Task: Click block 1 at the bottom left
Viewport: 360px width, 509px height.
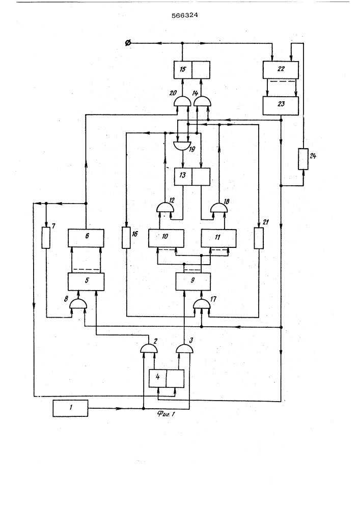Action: coord(70,408)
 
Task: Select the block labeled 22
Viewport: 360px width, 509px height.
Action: coord(280,69)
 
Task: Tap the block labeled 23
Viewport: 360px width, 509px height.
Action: coord(280,105)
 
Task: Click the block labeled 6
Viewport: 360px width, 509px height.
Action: coord(86,238)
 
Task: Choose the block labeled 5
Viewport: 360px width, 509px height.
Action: coord(86,281)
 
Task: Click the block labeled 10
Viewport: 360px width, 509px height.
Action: coord(167,238)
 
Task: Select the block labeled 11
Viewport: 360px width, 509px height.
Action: coord(218,238)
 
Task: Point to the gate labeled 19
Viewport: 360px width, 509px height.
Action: coord(180,145)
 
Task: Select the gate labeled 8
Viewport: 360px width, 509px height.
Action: coord(78,304)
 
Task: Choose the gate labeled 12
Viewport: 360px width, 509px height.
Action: coord(164,206)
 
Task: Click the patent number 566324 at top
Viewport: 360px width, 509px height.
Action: coord(180,15)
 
